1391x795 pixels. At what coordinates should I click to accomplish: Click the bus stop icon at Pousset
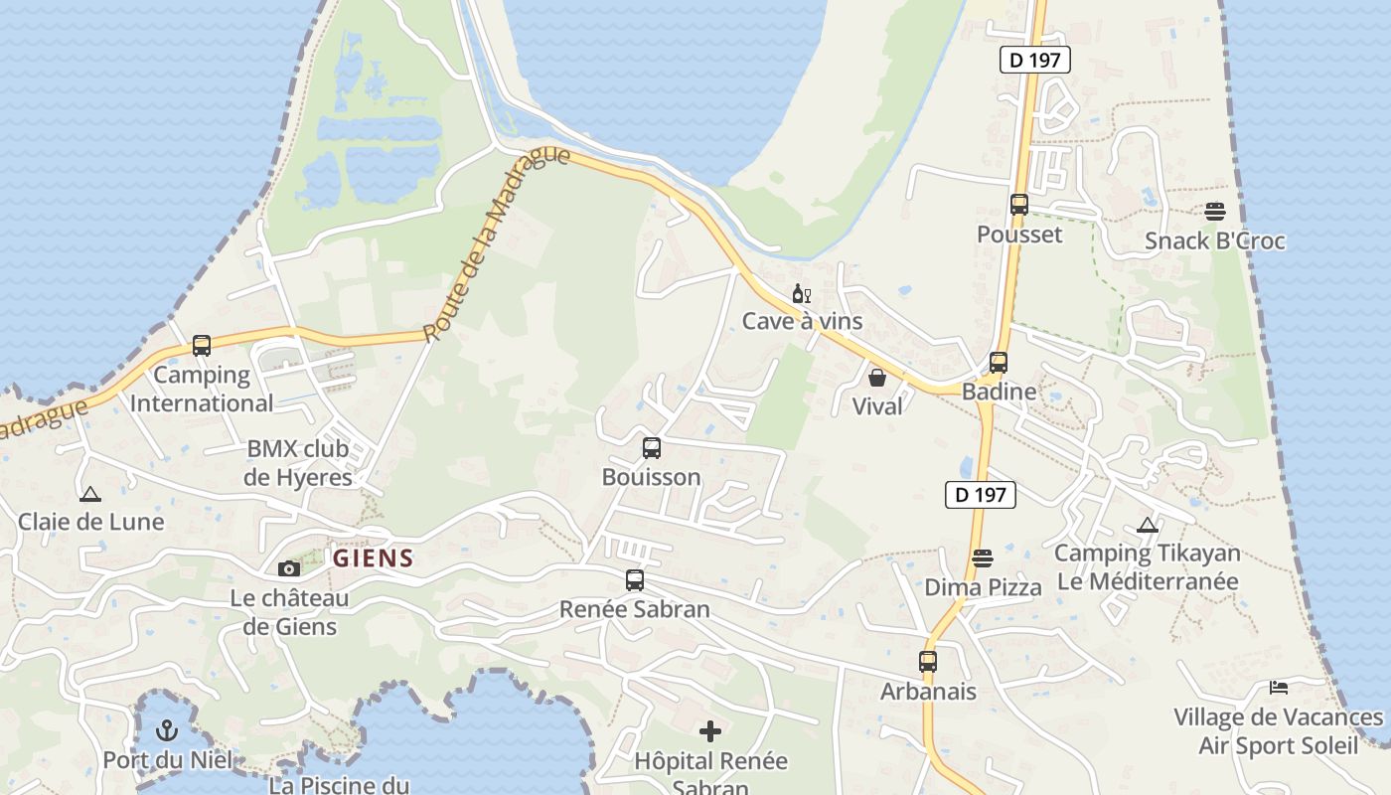pyautogui.click(x=1018, y=205)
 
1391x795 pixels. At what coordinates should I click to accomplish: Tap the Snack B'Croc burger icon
pyautogui.click(x=1214, y=212)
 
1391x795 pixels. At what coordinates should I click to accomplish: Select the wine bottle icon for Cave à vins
pyautogui.click(x=801, y=293)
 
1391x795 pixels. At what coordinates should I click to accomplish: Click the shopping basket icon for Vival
pyautogui.click(x=877, y=378)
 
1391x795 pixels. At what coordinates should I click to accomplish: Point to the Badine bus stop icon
pyautogui.click(x=999, y=363)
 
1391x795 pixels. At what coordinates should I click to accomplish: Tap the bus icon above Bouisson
pyautogui.click(x=652, y=448)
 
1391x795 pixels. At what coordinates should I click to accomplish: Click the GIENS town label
pyautogui.click(x=373, y=558)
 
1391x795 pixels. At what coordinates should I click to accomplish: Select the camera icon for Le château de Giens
pyautogui.click(x=289, y=568)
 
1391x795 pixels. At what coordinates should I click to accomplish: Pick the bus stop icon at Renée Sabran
pyautogui.click(x=635, y=580)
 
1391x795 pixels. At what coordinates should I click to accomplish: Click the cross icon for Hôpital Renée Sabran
pyautogui.click(x=710, y=732)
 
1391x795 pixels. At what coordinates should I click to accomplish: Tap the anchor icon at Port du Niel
pyautogui.click(x=167, y=731)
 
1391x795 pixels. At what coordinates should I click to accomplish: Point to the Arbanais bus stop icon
pyautogui.click(x=928, y=662)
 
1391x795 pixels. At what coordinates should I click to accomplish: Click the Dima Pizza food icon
pyautogui.click(x=983, y=558)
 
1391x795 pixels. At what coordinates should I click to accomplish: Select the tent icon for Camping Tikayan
pyautogui.click(x=1148, y=525)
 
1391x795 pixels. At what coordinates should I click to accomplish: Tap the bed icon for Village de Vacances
pyautogui.click(x=1279, y=688)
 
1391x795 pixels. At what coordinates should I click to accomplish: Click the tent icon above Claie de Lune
pyautogui.click(x=90, y=493)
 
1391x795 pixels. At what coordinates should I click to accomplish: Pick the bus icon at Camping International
pyautogui.click(x=202, y=346)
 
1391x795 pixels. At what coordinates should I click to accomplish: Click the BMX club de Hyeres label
pyautogui.click(x=298, y=463)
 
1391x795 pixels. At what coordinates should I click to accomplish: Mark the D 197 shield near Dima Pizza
pyautogui.click(x=980, y=495)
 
